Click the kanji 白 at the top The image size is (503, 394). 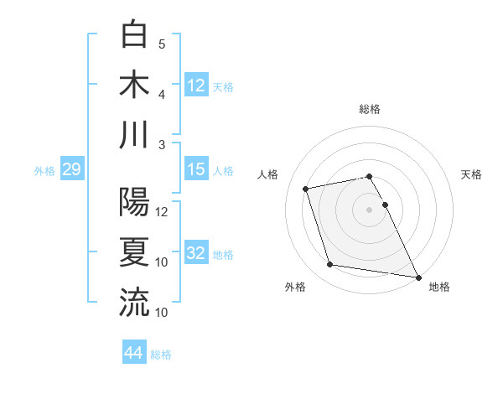tap(134, 34)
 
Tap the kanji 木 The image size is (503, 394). tap(134, 84)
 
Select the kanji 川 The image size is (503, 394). tap(134, 134)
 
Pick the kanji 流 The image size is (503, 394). tap(134, 302)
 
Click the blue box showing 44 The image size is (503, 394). tap(133, 353)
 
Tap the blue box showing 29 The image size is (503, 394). tap(71, 170)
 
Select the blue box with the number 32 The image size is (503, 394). tap(195, 254)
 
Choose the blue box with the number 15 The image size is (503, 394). tap(195, 170)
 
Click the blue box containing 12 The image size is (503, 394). tap(195, 85)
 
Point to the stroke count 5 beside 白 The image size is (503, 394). tap(162, 44)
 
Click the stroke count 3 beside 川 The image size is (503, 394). tap(162, 145)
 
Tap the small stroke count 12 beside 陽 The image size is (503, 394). tap(163, 212)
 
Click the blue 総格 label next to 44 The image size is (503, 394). tap(161, 355)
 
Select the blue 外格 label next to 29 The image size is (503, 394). tap(44, 171)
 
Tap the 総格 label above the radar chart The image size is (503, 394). tap(370, 109)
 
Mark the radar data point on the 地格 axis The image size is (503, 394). tap(418, 277)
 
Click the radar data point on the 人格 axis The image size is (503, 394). tap(306, 188)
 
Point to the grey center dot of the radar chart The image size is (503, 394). tap(370, 209)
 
